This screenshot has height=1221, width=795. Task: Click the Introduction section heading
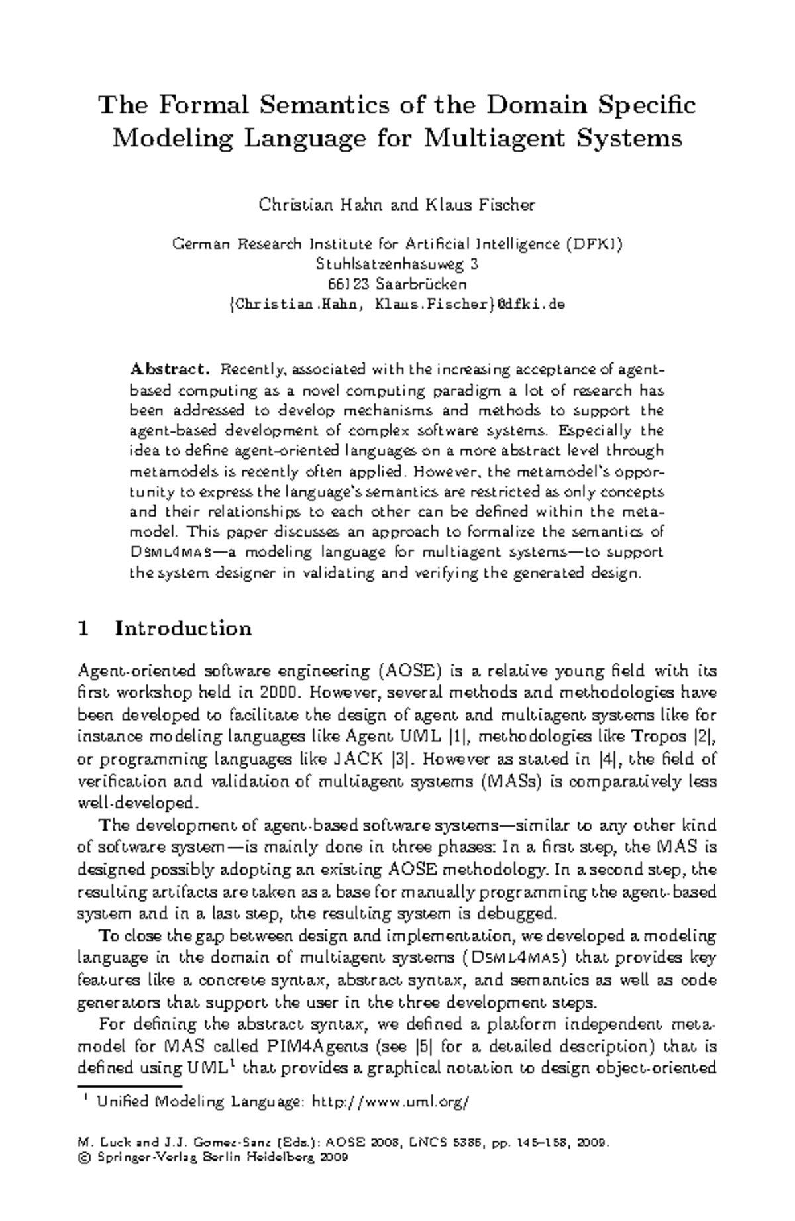tap(184, 628)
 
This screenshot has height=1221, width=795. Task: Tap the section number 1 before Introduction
tap(83, 628)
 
